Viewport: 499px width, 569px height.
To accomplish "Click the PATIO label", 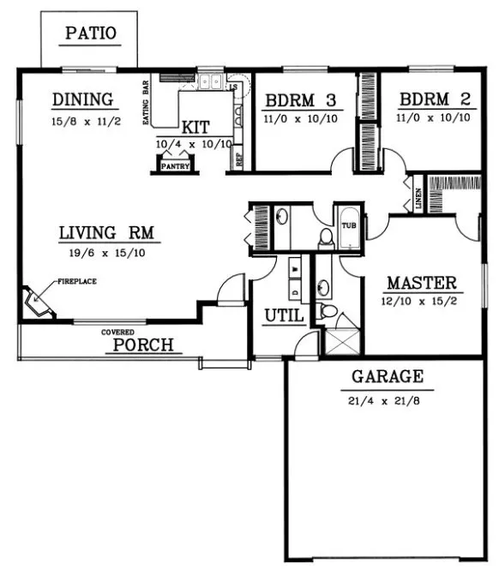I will (91, 35).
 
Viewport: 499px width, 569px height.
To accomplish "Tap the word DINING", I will (83, 99).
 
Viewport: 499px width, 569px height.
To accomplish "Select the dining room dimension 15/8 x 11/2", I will (85, 122).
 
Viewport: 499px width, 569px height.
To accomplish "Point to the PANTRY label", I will (175, 166).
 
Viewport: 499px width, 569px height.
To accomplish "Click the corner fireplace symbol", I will (38, 302).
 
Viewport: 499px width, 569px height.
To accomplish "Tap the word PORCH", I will (144, 345).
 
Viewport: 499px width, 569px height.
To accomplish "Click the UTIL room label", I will (284, 316).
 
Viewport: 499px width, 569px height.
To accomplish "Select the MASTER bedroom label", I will (421, 283).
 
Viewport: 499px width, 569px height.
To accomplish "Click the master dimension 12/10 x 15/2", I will (420, 302).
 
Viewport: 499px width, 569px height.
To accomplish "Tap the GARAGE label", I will (387, 376).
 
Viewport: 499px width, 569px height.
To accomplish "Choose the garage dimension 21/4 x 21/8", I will (388, 398).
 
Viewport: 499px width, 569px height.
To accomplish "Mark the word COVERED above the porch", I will (118, 332).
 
